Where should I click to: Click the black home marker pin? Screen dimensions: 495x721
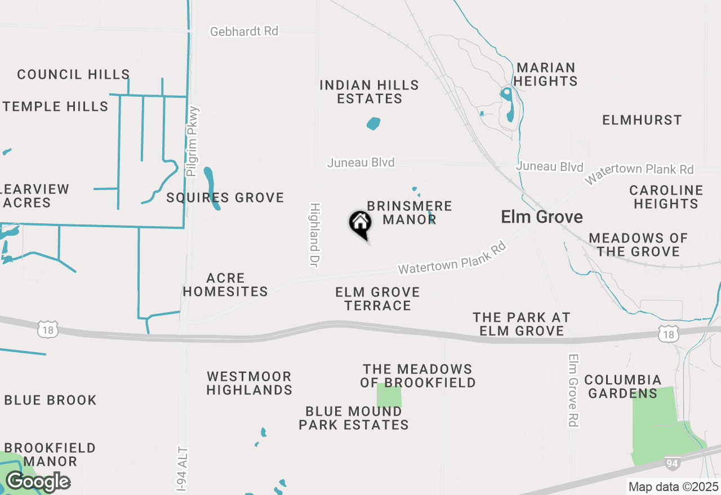point(360,223)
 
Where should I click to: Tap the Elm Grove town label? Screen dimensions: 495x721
point(542,217)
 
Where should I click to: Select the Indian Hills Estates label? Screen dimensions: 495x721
point(370,92)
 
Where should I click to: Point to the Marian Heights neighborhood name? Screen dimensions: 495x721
point(545,74)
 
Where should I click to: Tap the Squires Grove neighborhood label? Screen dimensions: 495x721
point(225,197)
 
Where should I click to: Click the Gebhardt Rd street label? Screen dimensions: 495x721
point(244,31)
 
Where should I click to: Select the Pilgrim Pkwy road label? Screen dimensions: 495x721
point(193,141)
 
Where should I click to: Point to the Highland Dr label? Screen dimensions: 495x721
point(314,235)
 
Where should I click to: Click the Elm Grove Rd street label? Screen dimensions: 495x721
point(573,390)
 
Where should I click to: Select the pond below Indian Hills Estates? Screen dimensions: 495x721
point(373,123)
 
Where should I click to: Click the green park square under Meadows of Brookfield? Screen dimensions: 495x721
point(389,396)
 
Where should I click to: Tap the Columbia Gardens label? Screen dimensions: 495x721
point(622,386)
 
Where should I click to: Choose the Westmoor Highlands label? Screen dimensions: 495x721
point(249,383)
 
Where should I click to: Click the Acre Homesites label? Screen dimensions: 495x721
point(225,285)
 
